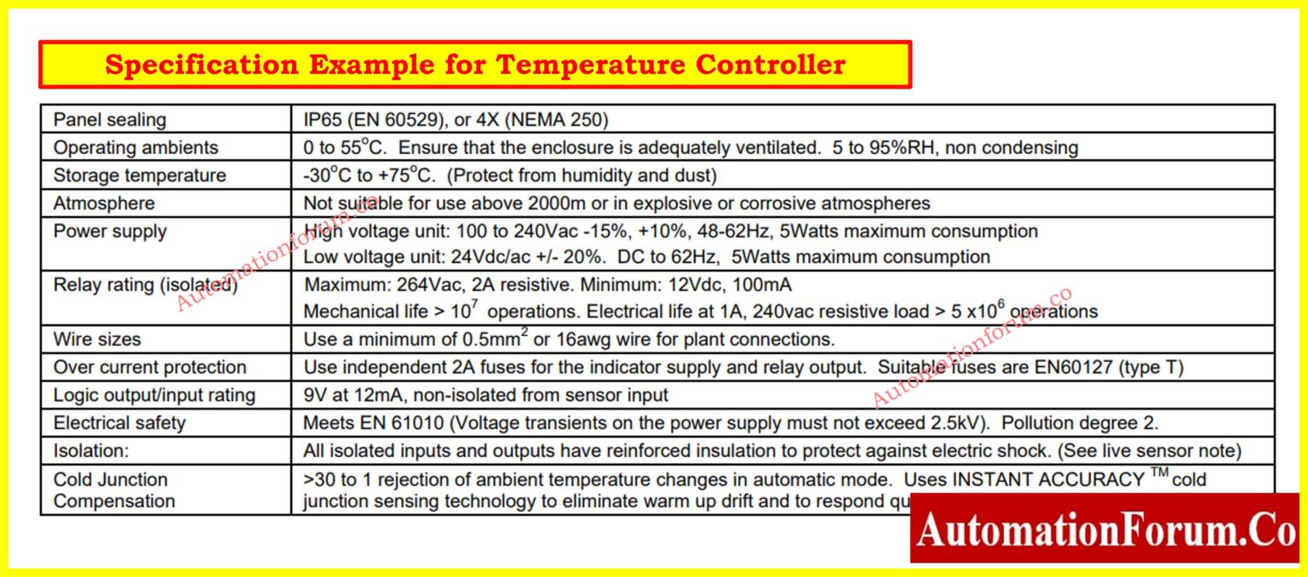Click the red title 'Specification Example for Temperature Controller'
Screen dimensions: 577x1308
474,65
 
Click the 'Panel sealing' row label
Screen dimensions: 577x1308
110,120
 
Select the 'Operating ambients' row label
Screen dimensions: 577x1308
135,148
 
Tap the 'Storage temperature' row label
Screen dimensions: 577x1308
140,176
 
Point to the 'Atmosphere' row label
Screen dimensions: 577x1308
104,204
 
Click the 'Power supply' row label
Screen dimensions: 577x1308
110,231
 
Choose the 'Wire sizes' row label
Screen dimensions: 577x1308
97,340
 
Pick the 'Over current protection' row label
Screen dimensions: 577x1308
150,368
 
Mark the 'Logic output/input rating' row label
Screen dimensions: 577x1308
154,396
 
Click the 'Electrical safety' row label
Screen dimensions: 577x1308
119,424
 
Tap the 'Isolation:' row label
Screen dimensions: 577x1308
91,452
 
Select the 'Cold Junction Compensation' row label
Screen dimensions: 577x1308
114,490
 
